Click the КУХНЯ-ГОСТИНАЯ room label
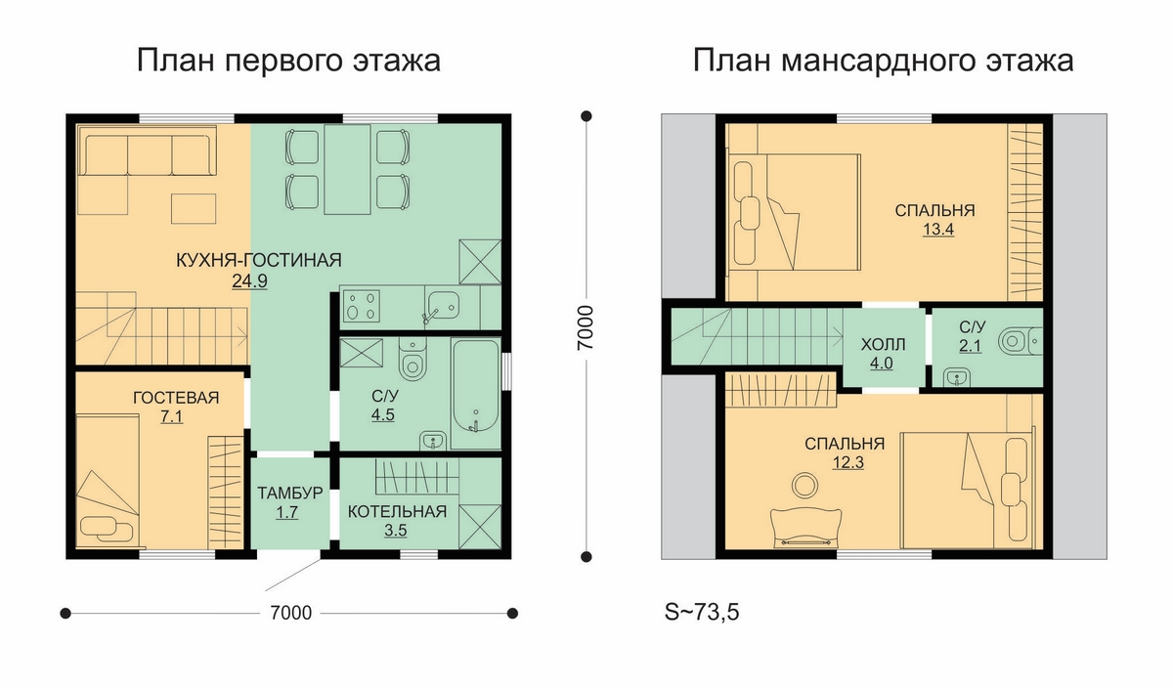(x=259, y=260)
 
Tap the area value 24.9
(x=250, y=281)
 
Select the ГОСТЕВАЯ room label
(x=176, y=398)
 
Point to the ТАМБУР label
(x=290, y=494)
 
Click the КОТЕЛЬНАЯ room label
(x=398, y=511)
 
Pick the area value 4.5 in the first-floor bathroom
(x=383, y=414)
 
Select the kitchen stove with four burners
(x=362, y=305)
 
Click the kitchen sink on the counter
(x=443, y=305)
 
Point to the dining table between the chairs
(x=347, y=169)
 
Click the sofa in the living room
(x=147, y=155)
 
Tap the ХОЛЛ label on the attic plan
(x=883, y=345)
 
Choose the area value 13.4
(x=938, y=230)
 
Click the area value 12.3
(x=847, y=463)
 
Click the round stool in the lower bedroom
(x=804, y=485)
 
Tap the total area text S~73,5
(x=702, y=612)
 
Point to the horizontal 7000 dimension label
(x=290, y=613)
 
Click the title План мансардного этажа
(x=884, y=61)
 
